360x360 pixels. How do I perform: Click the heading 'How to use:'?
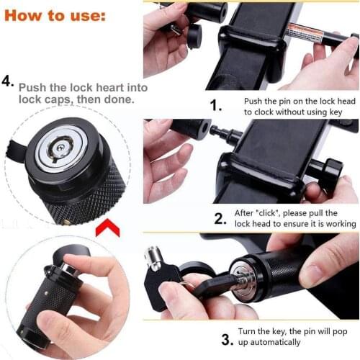56,14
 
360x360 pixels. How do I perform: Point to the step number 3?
225,338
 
